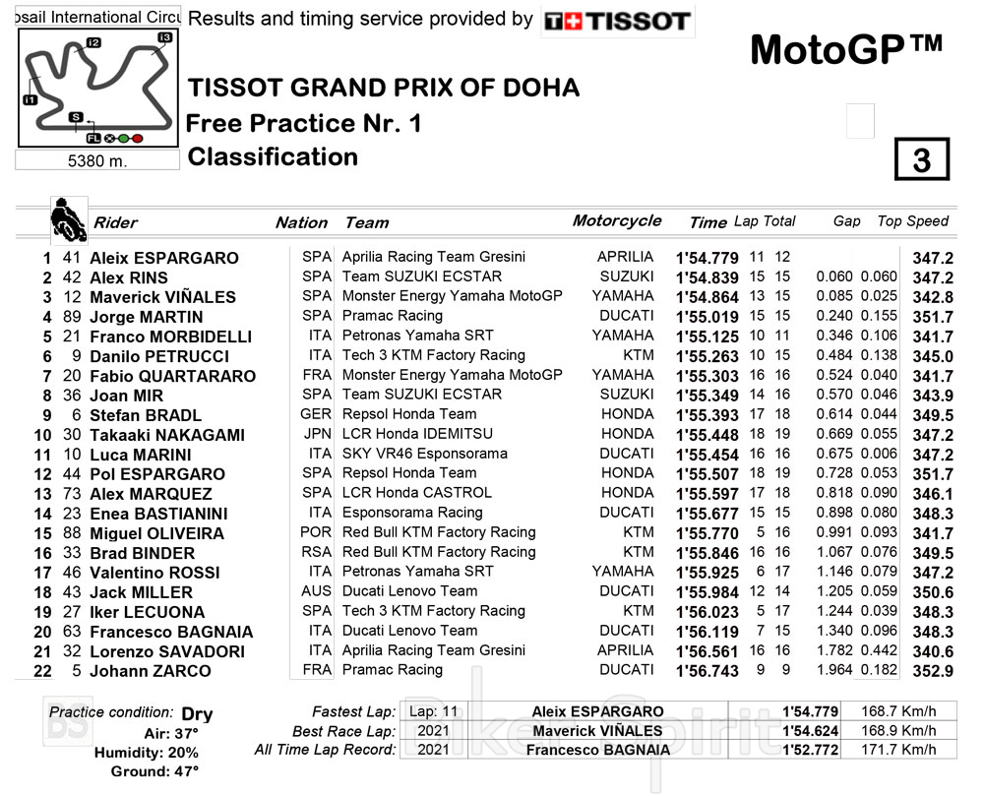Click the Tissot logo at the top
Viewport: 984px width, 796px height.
click(x=618, y=21)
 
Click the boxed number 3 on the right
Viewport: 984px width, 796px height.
click(x=921, y=160)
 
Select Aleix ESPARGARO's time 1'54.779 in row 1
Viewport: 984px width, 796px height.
click(x=707, y=258)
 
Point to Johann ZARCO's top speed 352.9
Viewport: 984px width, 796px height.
click(x=933, y=671)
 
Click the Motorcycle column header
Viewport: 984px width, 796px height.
click(x=617, y=221)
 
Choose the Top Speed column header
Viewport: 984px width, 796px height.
click(x=912, y=221)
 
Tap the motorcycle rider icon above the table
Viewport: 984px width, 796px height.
click(x=67, y=218)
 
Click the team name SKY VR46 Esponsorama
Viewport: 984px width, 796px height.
click(x=424, y=454)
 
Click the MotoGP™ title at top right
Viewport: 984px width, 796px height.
click(x=846, y=49)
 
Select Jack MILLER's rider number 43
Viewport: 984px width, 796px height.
click(x=71, y=592)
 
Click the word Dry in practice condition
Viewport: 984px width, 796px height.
click(x=197, y=713)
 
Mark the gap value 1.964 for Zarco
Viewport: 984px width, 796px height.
click(x=834, y=671)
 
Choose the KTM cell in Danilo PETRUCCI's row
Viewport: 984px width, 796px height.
click(x=638, y=355)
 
